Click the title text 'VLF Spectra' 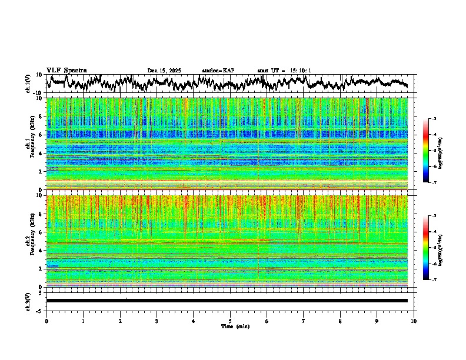pyautogui.click(x=66, y=70)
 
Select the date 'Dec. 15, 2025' pyautogui.click(x=164, y=71)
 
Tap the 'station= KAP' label pyautogui.click(x=218, y=71)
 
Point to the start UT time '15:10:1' pyautogui.click(x=299, y=71)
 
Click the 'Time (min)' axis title pyautogui.click(x=235, y=326)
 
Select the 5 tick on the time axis pyautogui.click(x=230, y=321)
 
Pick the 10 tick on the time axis pyautogui.click(x=414, y=321)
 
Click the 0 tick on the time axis pyautogui.click(x=46, y=321)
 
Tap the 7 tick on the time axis pyautogui.click(x=304, y=321)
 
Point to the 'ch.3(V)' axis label pyautogui.click(x=28, y=300)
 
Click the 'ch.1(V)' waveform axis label pyautogui.click(x=28, y=84)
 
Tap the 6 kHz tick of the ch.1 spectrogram pyautogui.click(x=41, y=135)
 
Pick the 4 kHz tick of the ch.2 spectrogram pyautogui.click(x=41, y=251)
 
